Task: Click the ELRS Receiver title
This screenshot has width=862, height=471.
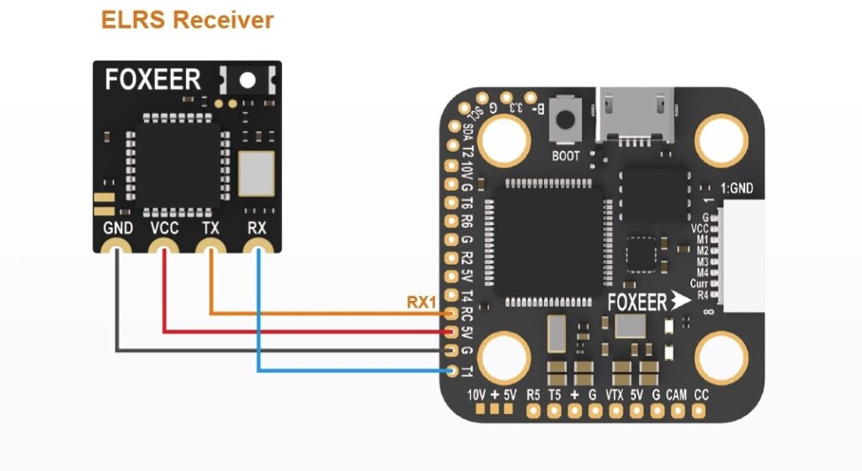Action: (187, 19)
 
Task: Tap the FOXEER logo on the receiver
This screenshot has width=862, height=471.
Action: (152, 80)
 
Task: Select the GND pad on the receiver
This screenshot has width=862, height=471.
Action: (115, 249)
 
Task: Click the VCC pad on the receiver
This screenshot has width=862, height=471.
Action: (163, 249)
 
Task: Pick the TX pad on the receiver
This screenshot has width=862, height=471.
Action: (210, 249)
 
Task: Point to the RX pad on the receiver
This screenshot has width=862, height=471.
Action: (258, 249)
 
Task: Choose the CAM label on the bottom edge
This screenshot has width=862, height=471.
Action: (676, 394)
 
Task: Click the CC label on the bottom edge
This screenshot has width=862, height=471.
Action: (701, 394)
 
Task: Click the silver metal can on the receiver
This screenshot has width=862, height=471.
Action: (256, 174)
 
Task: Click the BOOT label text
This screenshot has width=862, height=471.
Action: (566, 156)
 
